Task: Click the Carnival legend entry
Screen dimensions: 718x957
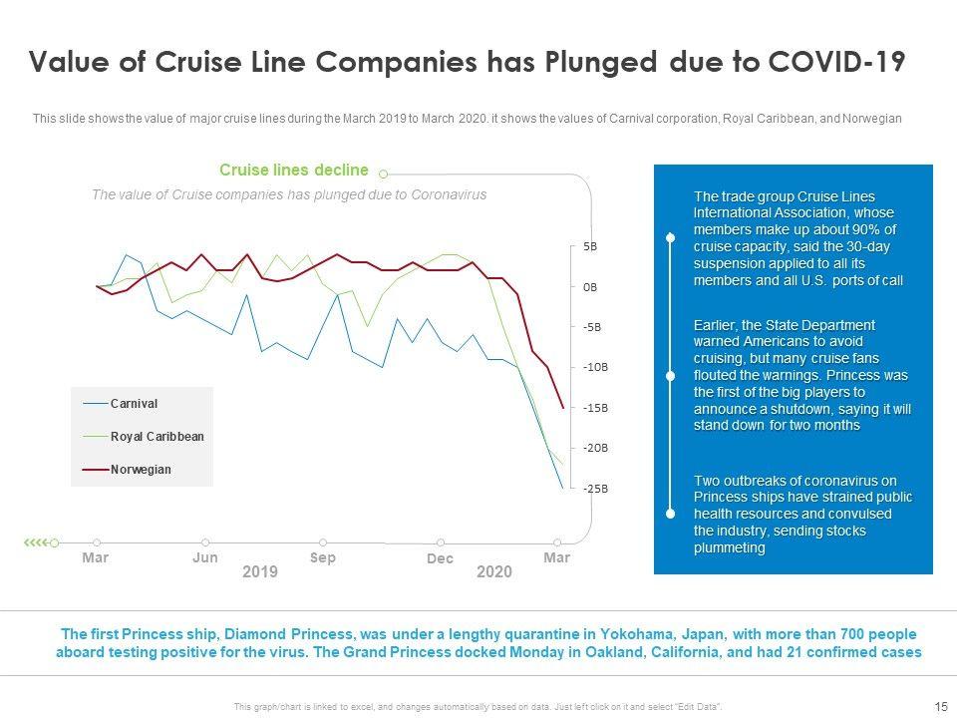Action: [x=134, y=403]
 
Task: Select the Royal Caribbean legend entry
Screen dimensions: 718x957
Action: [x=157, y=436]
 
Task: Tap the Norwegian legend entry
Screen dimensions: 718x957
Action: [x=141, y=469]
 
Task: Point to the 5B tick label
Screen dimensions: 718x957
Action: [x=590, y=245]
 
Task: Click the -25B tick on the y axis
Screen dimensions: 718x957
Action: [x=595, y=489]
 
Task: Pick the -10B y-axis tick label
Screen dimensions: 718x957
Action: [x=595, y=367]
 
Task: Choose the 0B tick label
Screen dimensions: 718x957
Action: [x=590, y=286]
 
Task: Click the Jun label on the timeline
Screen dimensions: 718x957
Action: [x=205, y=558]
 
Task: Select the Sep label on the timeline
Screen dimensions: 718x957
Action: [x=323, y=558]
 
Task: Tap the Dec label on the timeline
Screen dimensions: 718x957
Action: [x=440, y=559]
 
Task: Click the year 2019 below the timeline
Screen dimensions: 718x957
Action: [x=260, y=572]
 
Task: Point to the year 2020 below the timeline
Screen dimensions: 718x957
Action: [x=494, y=572]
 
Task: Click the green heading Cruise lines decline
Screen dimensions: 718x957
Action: [x=293, y=171]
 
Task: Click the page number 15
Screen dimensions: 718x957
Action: [x=940, y=706]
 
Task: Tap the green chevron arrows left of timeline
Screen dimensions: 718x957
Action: [x=36, y=541]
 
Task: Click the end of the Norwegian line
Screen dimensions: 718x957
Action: [x=563, y=408]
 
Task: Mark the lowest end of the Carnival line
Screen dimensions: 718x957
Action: [x=563, y=488]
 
